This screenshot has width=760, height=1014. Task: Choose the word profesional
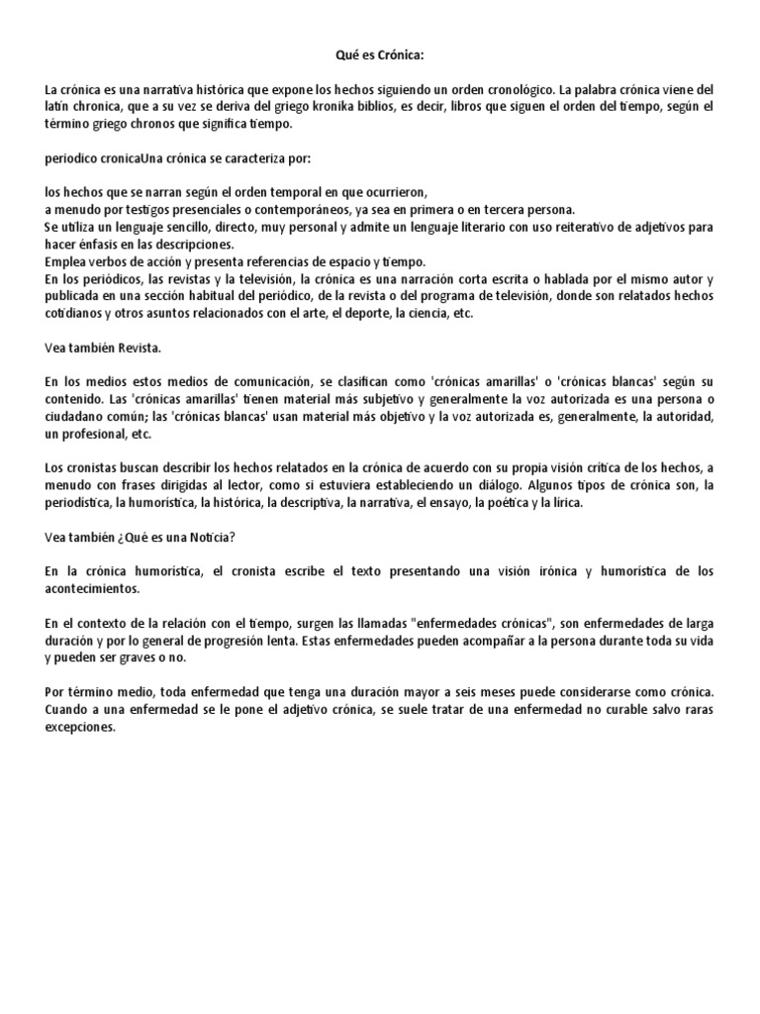98,435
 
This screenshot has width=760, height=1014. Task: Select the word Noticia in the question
206,538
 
